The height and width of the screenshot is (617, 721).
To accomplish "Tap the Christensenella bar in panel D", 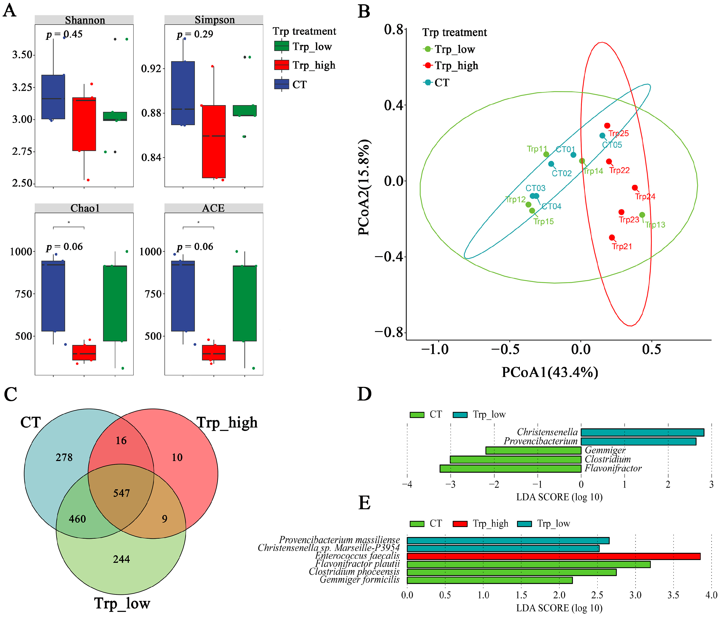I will (x=642, y=433).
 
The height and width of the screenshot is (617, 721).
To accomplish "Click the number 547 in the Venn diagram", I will (x=121, y=493).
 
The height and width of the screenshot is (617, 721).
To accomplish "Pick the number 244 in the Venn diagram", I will (x=121, y=559).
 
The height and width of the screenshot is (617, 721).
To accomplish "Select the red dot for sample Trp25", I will (x=607, y=126).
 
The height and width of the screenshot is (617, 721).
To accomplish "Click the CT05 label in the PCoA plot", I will (x=612, y=145).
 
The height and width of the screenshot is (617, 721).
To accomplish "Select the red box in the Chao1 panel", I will (x=84, y=352).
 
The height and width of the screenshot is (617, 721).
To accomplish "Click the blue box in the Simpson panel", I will (x=183, y=93).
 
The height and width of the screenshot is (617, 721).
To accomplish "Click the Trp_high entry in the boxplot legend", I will (x=314, y=65).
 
